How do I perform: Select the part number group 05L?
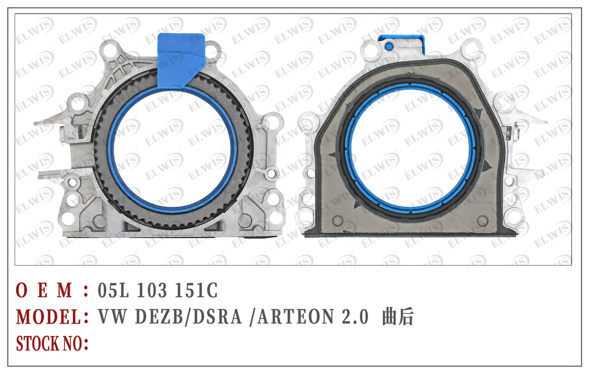(113, 290)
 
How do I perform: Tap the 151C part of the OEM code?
(196, 290)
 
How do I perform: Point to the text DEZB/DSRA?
(188, 316)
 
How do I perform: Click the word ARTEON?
(296, 316)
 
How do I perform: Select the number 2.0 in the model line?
(355, 316)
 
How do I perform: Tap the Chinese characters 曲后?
(397, 316)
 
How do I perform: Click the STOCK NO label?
(52, 343)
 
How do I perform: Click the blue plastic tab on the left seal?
(181, 61)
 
